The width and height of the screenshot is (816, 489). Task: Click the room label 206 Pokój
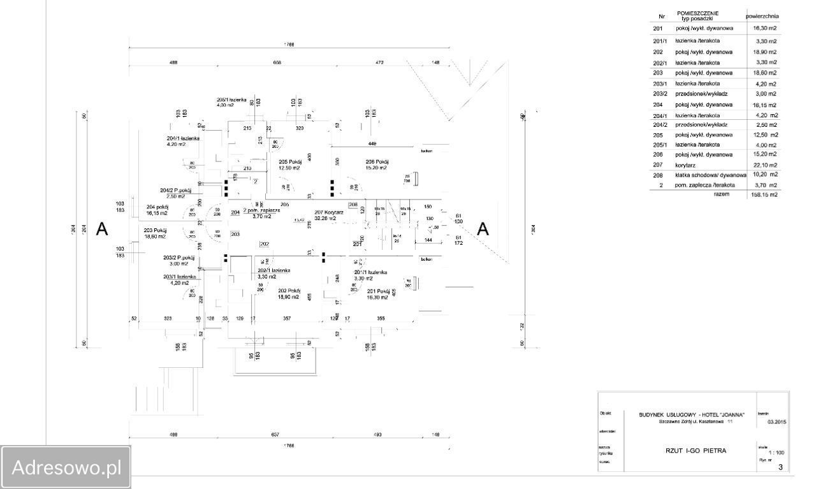(377, 161)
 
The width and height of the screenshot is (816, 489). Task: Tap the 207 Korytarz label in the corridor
(329, 212)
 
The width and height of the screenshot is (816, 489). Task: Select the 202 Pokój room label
(289, 290)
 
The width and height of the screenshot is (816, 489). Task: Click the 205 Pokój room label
(290, 162)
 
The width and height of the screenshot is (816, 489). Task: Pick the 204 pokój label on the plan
(157, 207)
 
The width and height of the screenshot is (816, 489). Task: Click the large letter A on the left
(101, 230)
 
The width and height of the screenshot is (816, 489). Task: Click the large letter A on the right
(483, 230)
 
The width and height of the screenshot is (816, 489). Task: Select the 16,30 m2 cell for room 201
(765, 29)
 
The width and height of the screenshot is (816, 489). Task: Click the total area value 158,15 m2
(764, 195)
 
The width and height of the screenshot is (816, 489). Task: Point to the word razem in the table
(722, 194)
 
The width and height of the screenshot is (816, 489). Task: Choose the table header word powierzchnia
(762, 16)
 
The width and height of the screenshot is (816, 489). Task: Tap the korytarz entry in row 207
(685, 165)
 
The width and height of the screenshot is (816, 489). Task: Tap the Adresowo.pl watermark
(66, 467)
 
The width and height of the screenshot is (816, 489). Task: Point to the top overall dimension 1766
(289, 45)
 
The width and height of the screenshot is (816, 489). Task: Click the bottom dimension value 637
(275, 435)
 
